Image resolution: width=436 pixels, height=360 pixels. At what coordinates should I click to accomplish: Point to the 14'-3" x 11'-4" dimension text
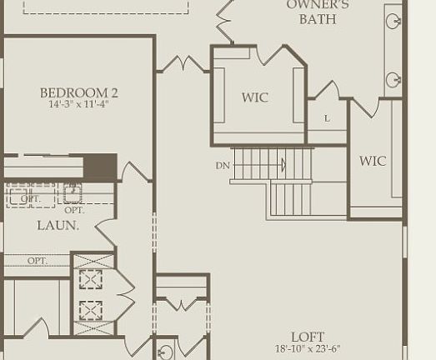(78, 105)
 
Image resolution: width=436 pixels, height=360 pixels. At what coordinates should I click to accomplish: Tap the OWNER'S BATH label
(318, 12)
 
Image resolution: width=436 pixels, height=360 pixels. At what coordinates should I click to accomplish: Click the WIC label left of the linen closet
(255, 97)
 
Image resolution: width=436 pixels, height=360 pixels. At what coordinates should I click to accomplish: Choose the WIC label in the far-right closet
(373, 161)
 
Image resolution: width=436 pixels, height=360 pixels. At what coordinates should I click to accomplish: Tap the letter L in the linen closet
(327, 119)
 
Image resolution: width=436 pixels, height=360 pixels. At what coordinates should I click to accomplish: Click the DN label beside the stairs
(223, 166)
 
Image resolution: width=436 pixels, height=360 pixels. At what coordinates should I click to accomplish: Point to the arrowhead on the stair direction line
(283, 166)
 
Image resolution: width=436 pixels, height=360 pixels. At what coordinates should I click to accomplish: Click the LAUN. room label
(58, 226)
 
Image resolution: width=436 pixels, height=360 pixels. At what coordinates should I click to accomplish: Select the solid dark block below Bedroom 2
(101, 166)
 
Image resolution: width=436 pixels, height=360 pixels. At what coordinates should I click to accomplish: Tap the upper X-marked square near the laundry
(91, 278)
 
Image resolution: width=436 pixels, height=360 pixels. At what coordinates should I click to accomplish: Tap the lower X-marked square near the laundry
(91, 311)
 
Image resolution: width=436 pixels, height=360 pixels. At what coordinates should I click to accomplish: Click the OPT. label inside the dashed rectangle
(30, 199)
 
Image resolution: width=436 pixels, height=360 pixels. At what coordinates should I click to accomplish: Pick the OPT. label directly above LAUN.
(74, 211)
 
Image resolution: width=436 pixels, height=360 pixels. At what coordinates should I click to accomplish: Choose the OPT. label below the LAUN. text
(38, 261)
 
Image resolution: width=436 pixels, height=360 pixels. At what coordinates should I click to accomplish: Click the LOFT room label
(308, 337)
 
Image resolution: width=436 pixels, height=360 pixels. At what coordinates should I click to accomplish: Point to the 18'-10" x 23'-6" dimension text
(308, 349)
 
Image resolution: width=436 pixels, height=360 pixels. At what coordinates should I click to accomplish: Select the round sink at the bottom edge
(165, 352)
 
